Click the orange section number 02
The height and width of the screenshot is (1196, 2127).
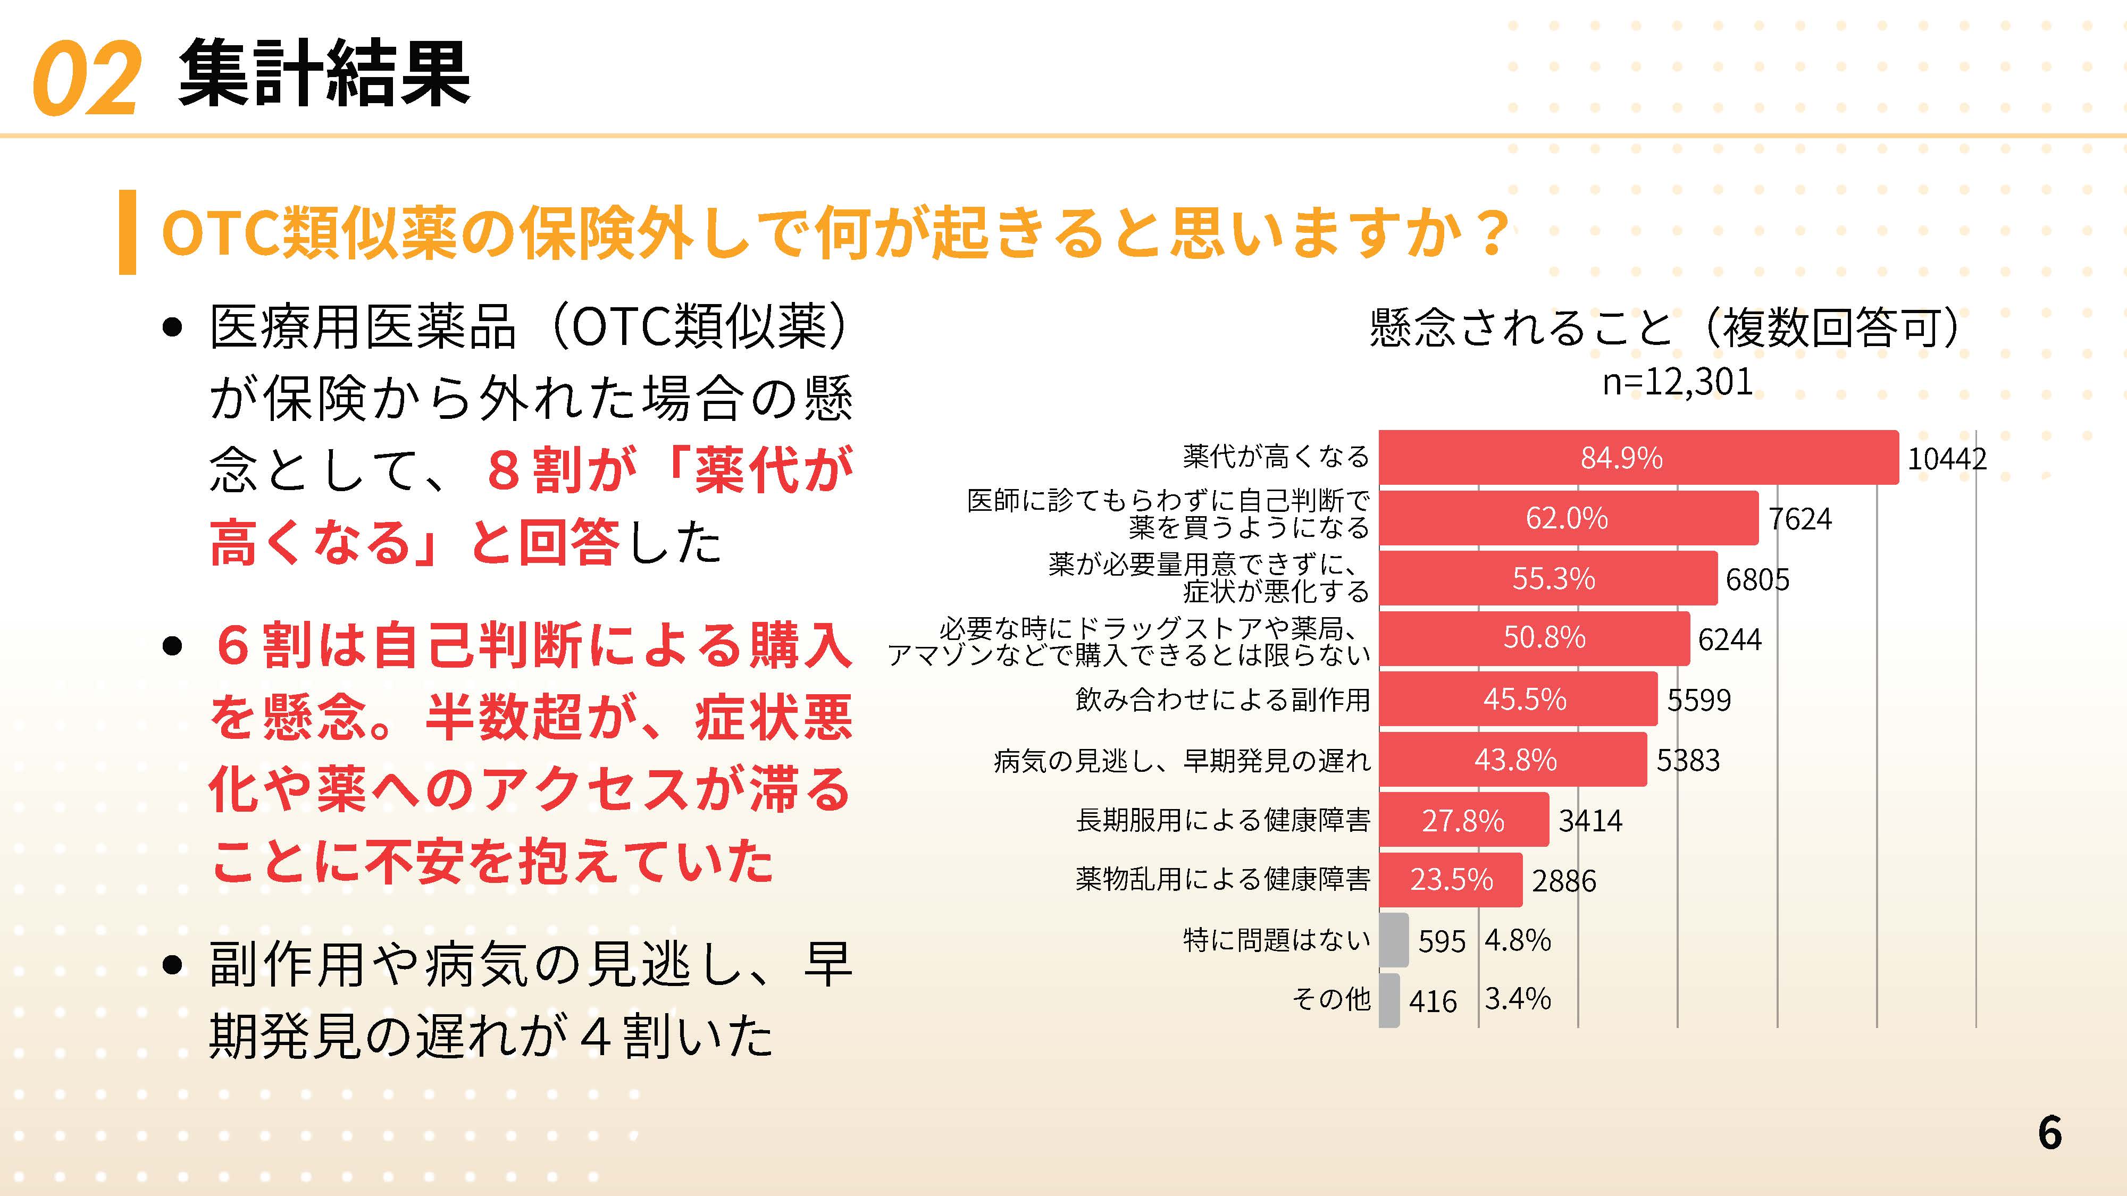(86, 79)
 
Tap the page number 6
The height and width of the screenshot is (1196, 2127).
(2049, 1132)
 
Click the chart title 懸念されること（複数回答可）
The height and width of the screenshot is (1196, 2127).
(1664, 327)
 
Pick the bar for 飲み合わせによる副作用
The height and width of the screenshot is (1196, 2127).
(1518, 699)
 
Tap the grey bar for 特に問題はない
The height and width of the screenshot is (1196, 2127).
(1394, 939)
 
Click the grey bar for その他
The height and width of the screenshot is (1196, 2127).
(1389, 999)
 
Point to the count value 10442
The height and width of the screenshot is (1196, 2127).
(1946, 459)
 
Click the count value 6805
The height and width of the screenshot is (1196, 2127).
(1757, 579)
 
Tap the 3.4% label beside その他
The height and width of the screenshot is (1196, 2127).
(1518, 999)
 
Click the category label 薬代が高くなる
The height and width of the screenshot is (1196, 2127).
(1276, 457)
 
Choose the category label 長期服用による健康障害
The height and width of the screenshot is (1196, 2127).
(1223, 820)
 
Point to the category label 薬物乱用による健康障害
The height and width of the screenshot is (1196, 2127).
(1223, 879)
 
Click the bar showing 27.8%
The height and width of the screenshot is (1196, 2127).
(1463, 820)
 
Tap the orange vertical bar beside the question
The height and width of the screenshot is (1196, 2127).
(127, 232)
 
